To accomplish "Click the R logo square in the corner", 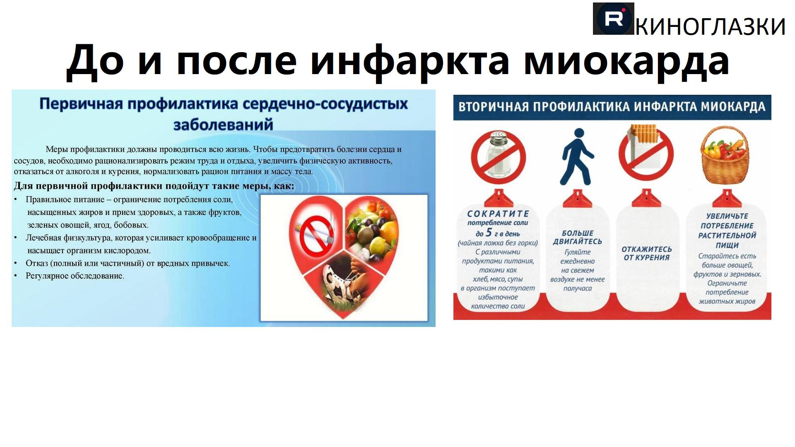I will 613,19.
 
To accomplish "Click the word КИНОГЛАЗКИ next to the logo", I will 710,26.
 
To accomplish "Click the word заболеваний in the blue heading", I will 223,125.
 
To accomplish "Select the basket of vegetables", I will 725,158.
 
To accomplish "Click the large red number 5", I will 489,233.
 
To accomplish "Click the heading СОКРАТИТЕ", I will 498,214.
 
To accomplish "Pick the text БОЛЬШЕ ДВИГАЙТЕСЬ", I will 577,237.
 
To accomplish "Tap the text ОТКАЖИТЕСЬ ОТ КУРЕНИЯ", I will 646,253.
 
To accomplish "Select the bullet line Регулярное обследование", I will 75,276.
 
